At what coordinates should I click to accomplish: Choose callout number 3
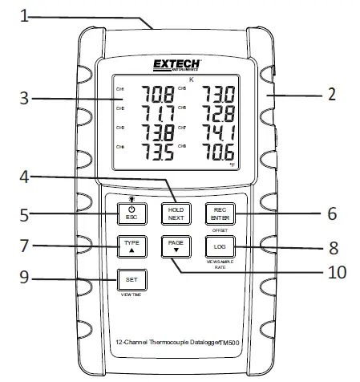tap(25, 99)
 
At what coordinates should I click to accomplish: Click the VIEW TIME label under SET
tap(132, 295)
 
